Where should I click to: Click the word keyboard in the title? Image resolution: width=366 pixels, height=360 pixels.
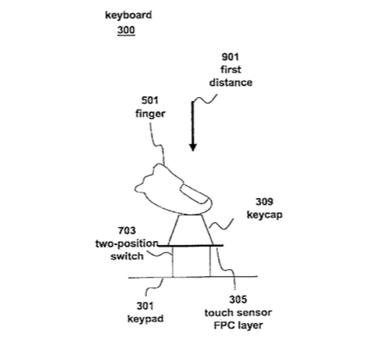click(128, 16)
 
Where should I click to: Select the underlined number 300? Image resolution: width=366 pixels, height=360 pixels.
click(126, 31)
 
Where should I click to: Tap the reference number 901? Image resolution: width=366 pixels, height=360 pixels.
click(230, 57)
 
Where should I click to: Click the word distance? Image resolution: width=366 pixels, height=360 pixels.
click(231, 82)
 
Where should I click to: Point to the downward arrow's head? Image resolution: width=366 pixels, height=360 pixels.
click(193, 147)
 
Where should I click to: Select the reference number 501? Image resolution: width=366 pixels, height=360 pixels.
click(150, 100)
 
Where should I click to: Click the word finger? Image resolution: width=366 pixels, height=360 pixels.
click(150, 114)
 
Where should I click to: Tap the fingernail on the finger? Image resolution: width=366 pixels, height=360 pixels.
click(195, 194)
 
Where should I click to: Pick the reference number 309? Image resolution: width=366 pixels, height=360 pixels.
click(264, 202)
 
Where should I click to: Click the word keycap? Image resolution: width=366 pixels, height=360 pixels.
click(264, 215)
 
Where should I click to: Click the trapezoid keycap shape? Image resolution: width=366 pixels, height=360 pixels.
click(191, 229)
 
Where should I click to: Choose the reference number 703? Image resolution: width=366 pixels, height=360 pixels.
click(127, 231)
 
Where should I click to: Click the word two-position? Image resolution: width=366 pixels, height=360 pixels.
click(127, 244)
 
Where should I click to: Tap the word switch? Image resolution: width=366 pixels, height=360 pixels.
click(127, 256)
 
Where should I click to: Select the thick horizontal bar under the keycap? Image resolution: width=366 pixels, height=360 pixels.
click(191, 246)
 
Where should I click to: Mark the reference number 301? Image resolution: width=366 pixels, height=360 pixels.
click(145, 306)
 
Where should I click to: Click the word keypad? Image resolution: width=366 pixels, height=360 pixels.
click(145, 319)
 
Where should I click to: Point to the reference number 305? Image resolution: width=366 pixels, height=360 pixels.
click(238, 300)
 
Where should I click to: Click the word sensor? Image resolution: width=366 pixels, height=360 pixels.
click(257, 312)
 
